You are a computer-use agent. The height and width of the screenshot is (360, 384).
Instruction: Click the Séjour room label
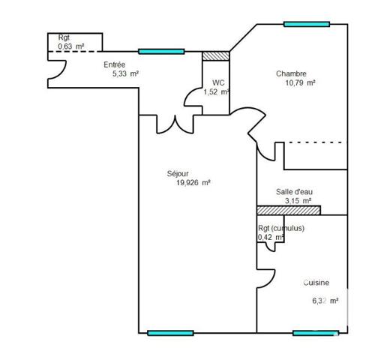coord(178,173)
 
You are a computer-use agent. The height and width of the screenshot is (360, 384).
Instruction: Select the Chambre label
coord(291,73)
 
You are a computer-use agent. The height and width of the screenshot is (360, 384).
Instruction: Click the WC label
coord(218,82)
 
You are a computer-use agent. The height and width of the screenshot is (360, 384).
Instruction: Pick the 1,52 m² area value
coord(216,91)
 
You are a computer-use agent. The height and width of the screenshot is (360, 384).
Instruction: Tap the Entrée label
coord(114,64)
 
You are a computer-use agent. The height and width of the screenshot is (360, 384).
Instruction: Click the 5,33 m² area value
coord(125,73)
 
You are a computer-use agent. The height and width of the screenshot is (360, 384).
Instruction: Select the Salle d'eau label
coord(294,192)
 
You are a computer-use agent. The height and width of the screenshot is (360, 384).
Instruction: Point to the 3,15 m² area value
coord(298,201)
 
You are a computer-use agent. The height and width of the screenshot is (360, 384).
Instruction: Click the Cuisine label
coord(316,283)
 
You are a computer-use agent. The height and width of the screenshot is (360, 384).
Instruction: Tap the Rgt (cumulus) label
coord(281,229)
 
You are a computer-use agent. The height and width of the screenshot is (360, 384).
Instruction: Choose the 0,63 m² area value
coord(70,46)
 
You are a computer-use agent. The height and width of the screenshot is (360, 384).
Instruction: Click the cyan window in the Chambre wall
coord(306,24)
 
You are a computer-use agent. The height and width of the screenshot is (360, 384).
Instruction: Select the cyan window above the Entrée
coord(161,52)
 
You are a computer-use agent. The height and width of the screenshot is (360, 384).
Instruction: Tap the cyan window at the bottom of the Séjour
coord(170,333)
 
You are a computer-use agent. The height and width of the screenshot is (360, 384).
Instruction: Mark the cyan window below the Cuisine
coord(315,333)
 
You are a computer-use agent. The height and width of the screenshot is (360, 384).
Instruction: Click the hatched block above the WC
coord(215,55)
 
